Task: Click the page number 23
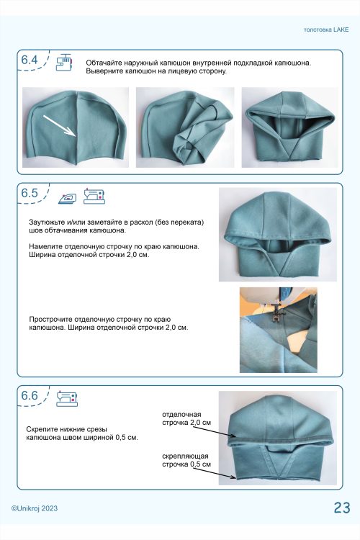coord(342,508)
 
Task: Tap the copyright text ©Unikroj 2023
coord(35,508)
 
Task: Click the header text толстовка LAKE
coord(326,30)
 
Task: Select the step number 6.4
coord(30,60)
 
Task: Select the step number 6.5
coord(30,193)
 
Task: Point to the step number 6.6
coord(30,395)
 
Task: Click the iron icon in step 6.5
coord(67,199)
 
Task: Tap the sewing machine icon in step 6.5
coord(94,196)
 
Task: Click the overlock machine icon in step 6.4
coord(64,63)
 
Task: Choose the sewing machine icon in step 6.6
coord(67,398)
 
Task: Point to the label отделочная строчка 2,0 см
coord(186,418)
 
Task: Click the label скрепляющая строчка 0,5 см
coord(186,460)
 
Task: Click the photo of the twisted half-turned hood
coord(185,127)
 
